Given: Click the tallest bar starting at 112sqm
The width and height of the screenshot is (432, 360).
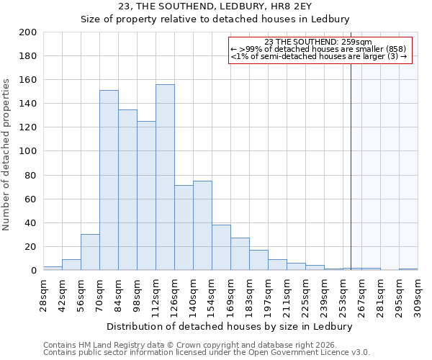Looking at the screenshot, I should click(x=165, y=177).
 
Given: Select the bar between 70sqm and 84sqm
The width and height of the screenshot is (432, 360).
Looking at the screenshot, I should click(x=109, y=180).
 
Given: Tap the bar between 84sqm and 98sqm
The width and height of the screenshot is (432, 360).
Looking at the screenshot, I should click(x=127, y=189).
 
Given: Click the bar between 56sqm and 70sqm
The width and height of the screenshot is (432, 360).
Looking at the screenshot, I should click(x=90, y=252).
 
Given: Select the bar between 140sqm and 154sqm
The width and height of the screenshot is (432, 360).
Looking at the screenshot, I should click(x=202, y=225).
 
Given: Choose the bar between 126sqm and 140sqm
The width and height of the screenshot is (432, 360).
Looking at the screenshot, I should click(x=184, y=228).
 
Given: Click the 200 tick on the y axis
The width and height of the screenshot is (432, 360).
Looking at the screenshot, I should click(x=28, y=32).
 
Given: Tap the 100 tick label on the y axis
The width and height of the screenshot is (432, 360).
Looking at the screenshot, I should click(x=28, y=151).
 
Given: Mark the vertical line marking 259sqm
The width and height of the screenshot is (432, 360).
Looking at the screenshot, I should click(x=351, y=166).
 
